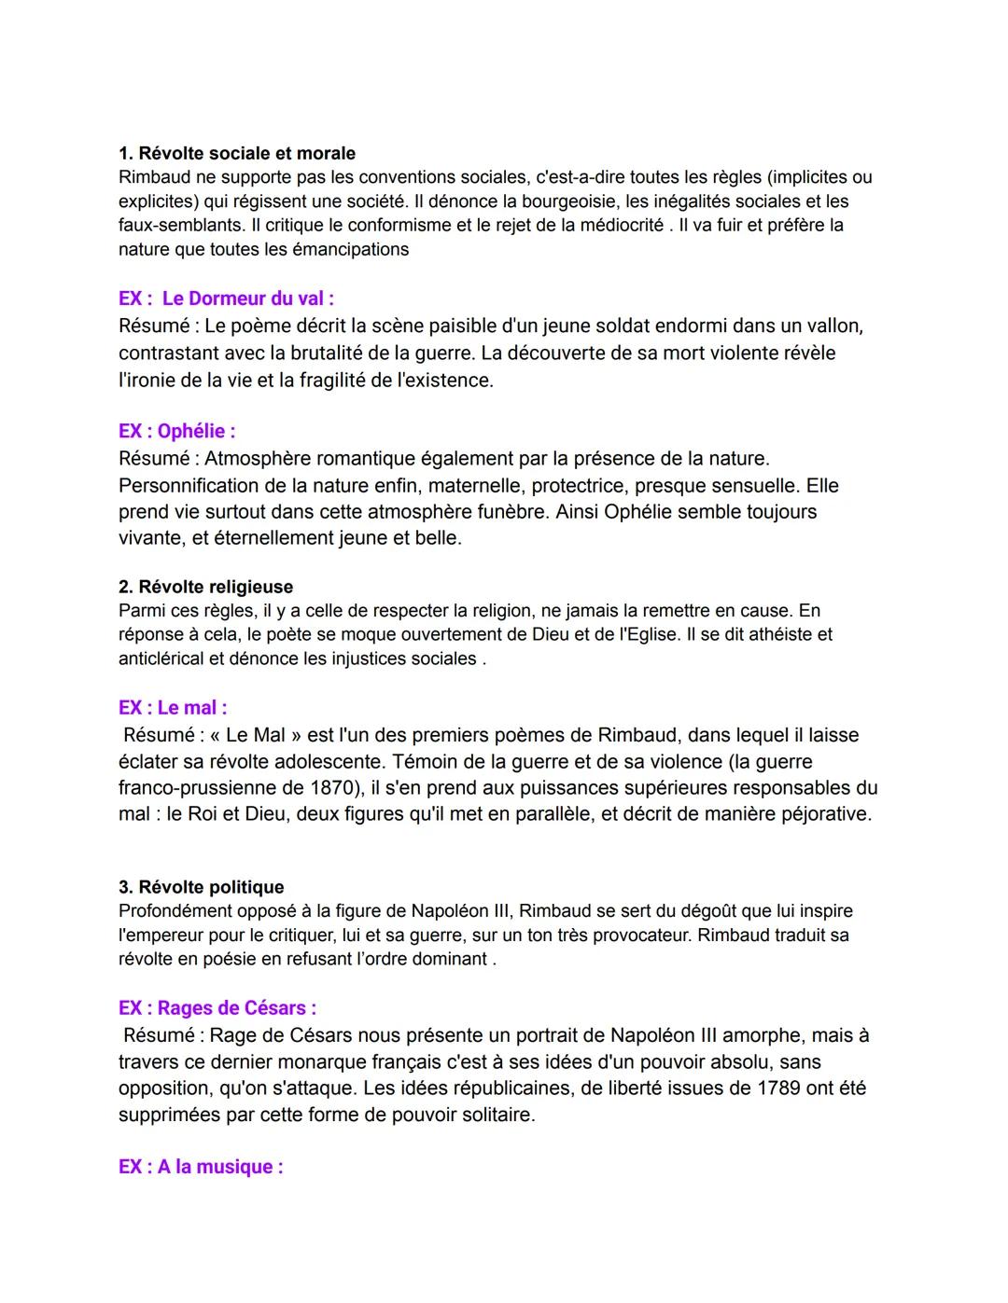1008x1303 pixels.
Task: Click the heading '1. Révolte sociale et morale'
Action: (x=237, y=153)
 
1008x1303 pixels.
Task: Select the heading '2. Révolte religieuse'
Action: (x=205, y=587)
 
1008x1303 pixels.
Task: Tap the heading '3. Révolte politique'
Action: (x=201, y=887)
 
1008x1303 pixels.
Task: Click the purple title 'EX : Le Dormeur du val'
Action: (x=226, y=298)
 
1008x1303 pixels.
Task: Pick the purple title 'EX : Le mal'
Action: (x=173, y=707)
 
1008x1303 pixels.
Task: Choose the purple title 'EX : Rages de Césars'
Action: (x=217, y=1007)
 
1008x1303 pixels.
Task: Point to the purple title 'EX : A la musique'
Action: (x=201, y=1167)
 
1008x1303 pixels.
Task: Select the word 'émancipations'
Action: (x=350, y=249)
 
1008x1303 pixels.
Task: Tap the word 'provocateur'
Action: (x=637, y=935)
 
